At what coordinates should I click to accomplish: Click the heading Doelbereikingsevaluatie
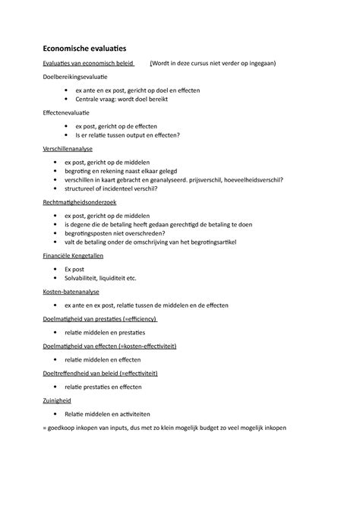coord(75,77)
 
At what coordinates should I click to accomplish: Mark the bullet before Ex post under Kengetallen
coord(56,269)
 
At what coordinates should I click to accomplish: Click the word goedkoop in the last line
coord(65,427)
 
